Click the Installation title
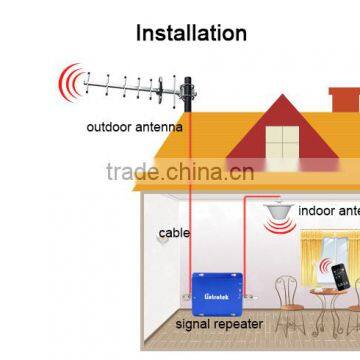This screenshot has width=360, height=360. pyautogui.click(x=191, y=32)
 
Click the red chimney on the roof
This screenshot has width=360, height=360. pyautogui.click(x=342, y=100)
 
